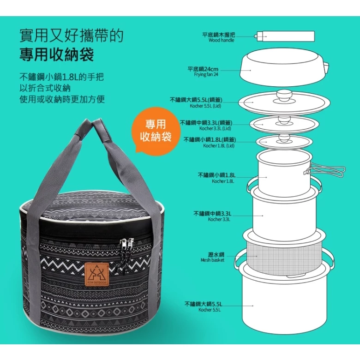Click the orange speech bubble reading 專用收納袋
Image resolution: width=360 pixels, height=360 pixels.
(x=155, y=131)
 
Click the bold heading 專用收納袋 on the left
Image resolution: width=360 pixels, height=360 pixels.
(x=57, y=55)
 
